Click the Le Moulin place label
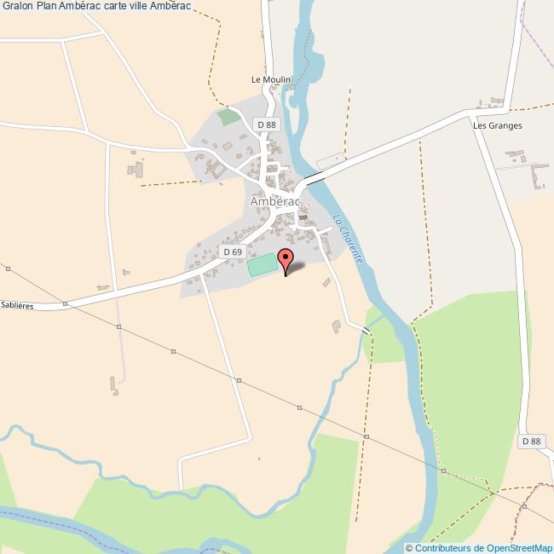tap(271, 79)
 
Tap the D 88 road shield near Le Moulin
tap(267, 124)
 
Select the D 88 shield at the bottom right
tap(530, 441)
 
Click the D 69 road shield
tap(232, 251)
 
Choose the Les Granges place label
tap(497, 125)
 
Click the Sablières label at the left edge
tap(17, 304)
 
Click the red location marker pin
tap(286, 257)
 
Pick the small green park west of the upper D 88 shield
tap(228, 117)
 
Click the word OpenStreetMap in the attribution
tap(519, 547)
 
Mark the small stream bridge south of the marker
tap(367, 330)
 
